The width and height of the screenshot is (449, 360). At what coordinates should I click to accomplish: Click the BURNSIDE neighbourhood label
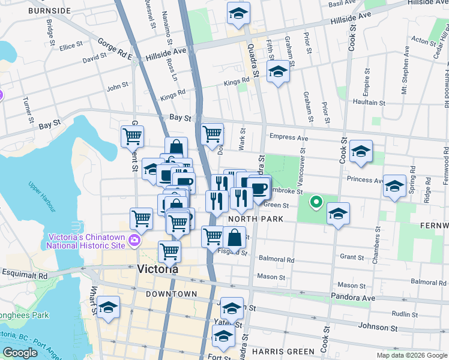(x=49, y=11)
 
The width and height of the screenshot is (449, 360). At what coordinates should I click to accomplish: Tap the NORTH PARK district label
(x=255, y=219)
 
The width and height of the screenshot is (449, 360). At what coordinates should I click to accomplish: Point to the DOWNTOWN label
(x=171, y=294)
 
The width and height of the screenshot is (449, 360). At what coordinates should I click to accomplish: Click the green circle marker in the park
(x=315, y=202)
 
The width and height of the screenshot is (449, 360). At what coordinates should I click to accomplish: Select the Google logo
(x=20, y=352)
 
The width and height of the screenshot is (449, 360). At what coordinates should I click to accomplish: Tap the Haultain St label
(x=369, y=103)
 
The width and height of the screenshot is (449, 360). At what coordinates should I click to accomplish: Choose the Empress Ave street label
(x=289, y=137)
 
